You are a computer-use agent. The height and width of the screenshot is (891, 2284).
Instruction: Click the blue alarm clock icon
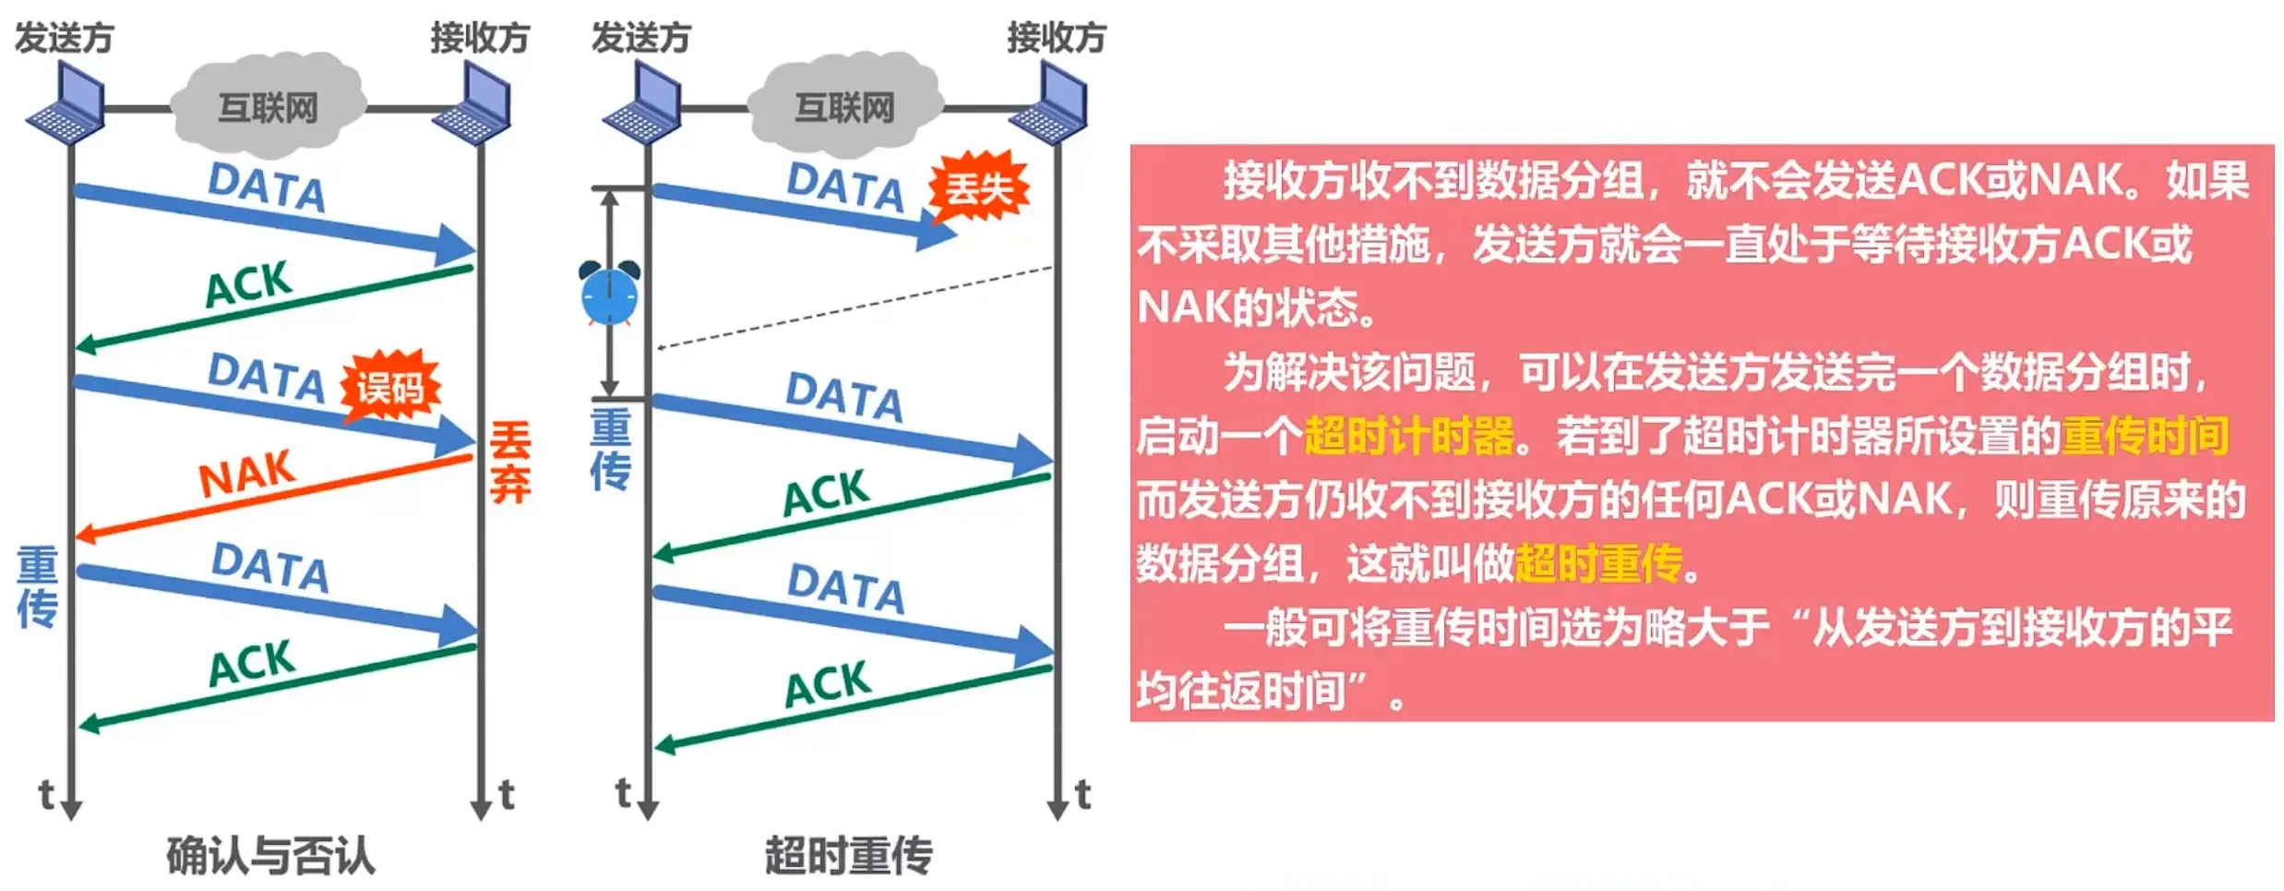(x=609, y=294)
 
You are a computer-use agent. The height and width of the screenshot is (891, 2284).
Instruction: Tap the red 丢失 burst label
(x=979, y=188)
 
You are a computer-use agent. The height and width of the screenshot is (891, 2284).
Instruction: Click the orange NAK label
(x=246, y=474)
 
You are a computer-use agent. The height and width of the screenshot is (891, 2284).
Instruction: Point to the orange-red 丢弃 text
(x=510, y=462)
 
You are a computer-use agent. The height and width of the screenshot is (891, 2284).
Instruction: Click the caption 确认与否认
(x=270, y=855)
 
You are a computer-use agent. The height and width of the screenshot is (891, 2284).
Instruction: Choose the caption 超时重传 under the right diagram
(x=848, y=855)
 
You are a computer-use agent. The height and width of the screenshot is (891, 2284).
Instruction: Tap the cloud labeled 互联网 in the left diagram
(x=268, y=107)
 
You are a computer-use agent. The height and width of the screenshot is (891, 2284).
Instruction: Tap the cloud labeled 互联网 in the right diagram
(x=844, y=107)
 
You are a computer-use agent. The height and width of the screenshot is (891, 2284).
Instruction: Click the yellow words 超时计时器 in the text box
(x=1409, y=436)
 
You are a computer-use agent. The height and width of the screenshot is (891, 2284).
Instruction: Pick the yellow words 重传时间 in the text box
(x=2146, y=436)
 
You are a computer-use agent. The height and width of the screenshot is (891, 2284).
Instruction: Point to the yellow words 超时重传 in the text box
(x=1598, y=563)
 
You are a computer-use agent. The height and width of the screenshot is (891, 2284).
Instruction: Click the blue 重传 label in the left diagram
(x=37, y=587)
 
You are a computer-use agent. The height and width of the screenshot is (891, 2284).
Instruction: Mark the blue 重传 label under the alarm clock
(x=610, y=450)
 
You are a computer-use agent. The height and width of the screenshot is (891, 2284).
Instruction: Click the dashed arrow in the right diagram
(x=854, y=307)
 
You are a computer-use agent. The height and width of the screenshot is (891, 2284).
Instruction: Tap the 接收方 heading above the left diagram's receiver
(x=480, y=38)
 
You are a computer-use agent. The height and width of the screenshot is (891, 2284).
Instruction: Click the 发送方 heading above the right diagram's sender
(x=641, y=38)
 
